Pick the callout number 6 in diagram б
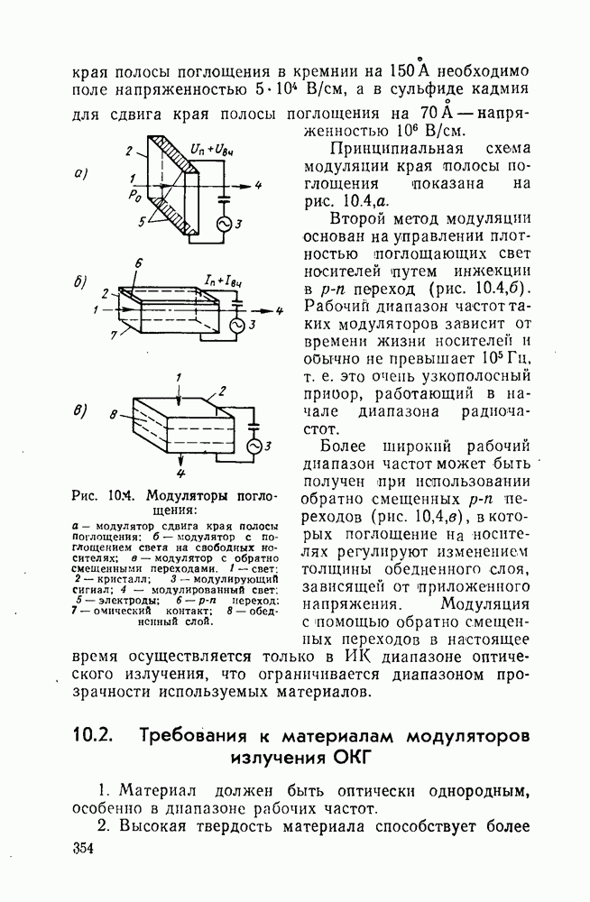click(138, 262)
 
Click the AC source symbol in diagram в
click(254, 446)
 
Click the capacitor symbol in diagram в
click(254, 420)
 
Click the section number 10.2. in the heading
click(92, 734)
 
